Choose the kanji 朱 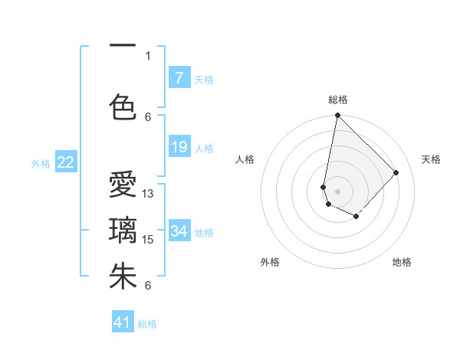[x=123, y=277]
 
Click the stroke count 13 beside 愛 [x=149, y=194]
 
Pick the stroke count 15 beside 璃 [x=149, y=240]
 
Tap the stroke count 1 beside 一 [x=148, y=55]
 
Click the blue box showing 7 [x=179, y=77]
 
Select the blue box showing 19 [x=179, y=147]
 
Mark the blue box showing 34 [x=179, y=231]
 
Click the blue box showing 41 [x=123, y=322]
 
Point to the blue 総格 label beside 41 [x=148, y=324]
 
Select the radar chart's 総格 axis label [x=337, y=100]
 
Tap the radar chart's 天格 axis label [x=432, y=159]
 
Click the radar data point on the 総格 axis [x=337, y=116]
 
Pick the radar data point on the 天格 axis [x=396, y=172]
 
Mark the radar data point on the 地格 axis [x=356, y=218]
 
